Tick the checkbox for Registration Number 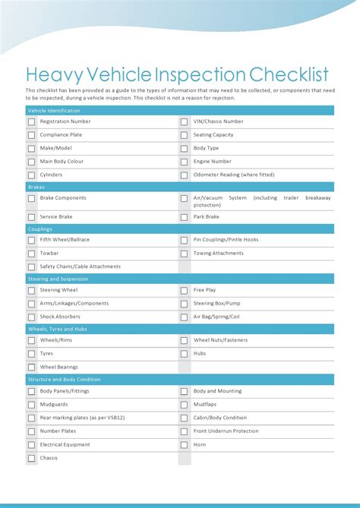[x=32, y=121]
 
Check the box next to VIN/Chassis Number [x=184, y=121]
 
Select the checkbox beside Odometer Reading [x=184, y=175]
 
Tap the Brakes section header [x=36, y=186]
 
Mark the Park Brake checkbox [x=184, y=216]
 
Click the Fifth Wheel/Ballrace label [x=65, y=239]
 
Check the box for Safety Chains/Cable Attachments [x=32, y=267]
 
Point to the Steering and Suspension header [x=58, y=279]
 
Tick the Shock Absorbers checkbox [x=32, y=317]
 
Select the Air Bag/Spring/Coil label [x=216, y=317]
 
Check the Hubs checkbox [x=184, y=353]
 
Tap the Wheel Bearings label [x=59, y=367]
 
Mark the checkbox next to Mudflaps [x=184, y=405]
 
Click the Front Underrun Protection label [x=226, y=431]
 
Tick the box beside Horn [x=184, y=445]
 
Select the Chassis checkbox [x=32, y=458]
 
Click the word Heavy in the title [x=54, y=74]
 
